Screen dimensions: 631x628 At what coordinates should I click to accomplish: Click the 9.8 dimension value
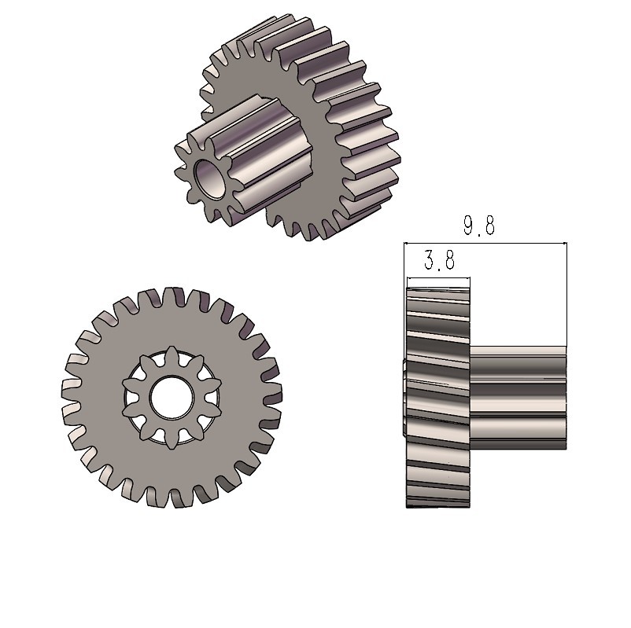click(478, 225)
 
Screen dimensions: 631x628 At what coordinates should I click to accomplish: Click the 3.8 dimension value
click(439, 259)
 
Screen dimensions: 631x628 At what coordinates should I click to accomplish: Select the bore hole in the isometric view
click(211, 179)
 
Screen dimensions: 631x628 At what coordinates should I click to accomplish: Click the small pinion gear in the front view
click(172, 397)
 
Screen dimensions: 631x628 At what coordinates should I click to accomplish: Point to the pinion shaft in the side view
click(518, 398)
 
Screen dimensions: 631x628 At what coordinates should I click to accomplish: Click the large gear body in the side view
click(437, 397)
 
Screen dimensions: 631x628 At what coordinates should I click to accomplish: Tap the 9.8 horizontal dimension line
click(485, 243)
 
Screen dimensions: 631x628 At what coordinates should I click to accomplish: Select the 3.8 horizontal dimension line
click(438, 277)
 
